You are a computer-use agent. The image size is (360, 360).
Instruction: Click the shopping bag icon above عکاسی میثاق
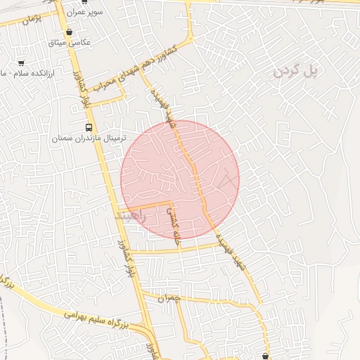69,32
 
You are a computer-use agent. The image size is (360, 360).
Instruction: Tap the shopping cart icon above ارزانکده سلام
20,62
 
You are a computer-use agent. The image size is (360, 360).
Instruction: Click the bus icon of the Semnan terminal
89,127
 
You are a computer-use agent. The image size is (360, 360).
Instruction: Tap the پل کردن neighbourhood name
296,70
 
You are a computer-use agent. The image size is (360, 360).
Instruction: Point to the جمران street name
169,298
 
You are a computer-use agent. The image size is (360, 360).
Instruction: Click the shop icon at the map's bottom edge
265,356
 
